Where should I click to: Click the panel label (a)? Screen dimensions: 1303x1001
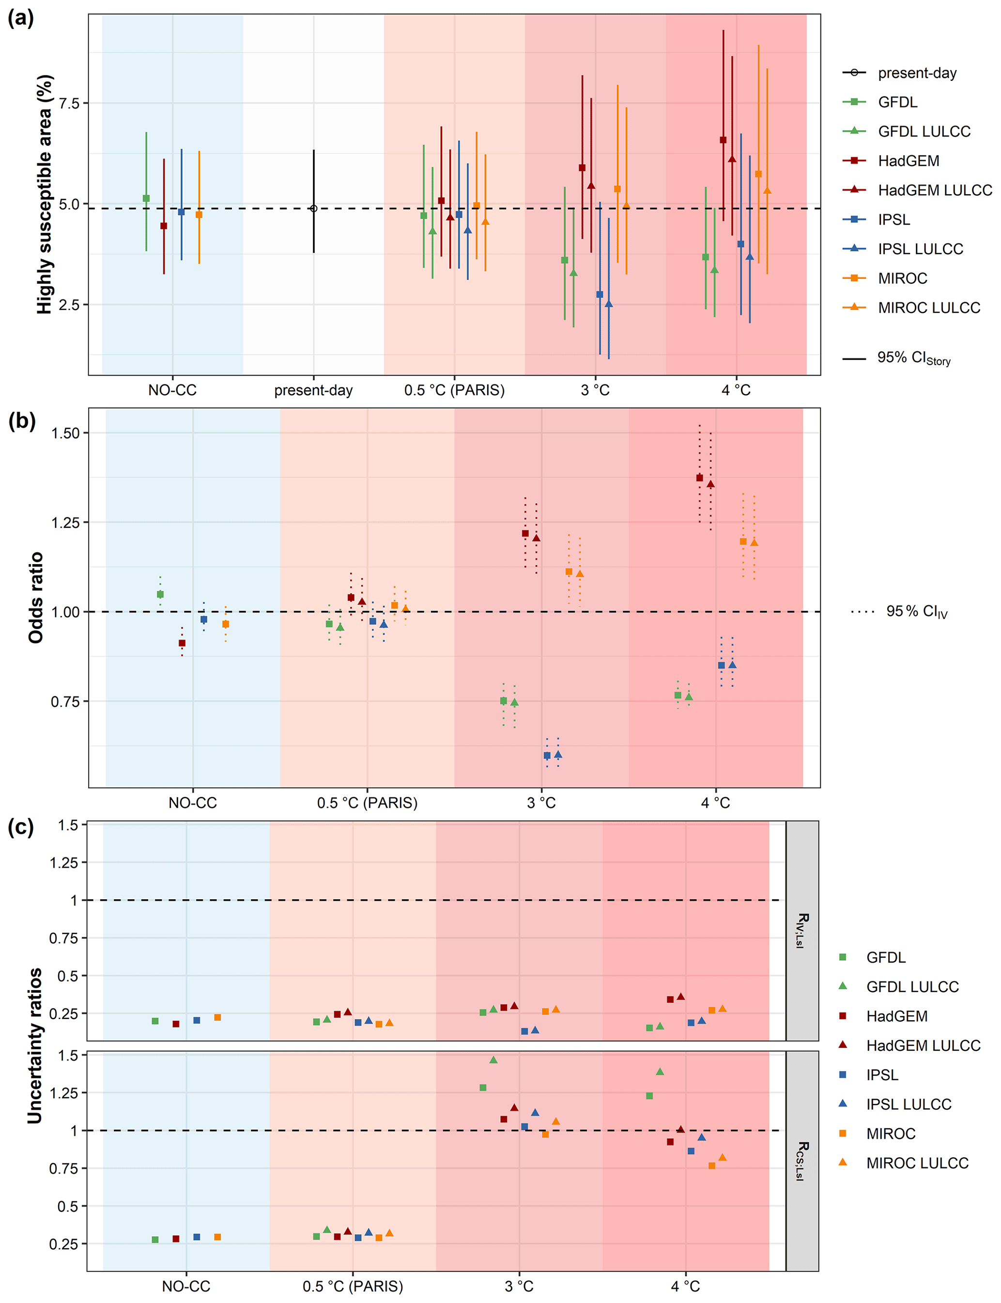(20, 18)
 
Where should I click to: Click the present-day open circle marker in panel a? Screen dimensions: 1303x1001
(313, 209)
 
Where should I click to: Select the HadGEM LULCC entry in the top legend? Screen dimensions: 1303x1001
(934, 190)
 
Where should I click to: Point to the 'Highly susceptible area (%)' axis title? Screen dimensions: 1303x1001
(45, 194)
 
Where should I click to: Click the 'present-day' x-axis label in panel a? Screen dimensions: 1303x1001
(313, 390)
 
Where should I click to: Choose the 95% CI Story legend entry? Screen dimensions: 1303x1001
(913, 358)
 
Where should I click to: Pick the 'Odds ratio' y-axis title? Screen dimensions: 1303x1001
(36, 598)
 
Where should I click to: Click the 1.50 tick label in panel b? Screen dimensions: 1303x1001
(65, 433)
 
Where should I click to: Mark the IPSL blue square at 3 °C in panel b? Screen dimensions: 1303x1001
(547, 755)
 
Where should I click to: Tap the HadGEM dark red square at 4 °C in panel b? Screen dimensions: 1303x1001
(699, 478)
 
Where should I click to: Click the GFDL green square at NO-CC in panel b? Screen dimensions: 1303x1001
(160, 594)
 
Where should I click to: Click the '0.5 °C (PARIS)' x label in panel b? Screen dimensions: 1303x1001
(367, 803)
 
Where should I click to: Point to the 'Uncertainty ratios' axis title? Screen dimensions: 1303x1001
(34, 1045)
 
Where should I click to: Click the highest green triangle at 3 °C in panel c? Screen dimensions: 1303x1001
(493, 1059)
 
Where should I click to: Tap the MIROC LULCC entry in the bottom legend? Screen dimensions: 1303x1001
(917, 1163)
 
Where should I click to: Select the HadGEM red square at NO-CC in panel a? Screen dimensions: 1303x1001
(164, 226)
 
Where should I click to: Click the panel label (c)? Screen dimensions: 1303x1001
(20, 828)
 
